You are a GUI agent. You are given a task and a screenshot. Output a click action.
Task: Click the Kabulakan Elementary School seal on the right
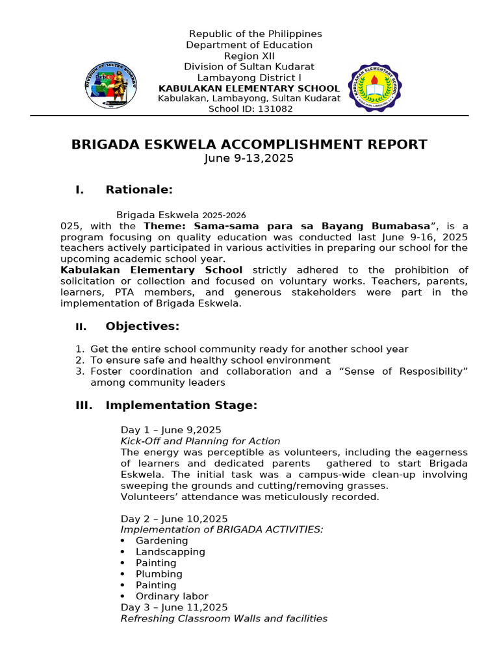tap(376, 87)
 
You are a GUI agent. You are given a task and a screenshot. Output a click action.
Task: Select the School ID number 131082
tap(277, 109)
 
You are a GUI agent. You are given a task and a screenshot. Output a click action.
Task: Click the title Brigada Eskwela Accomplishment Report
tap(249, 144)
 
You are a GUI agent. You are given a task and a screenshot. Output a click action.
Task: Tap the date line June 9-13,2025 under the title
tap(249, 158)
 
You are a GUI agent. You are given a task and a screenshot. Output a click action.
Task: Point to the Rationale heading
tap(138, 190)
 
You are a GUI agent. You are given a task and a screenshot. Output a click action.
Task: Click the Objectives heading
tap(142, 326)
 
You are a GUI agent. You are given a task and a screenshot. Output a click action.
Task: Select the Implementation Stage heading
tap(181, 406)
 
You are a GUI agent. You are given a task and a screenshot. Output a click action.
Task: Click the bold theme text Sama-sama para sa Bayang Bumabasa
tap(287, 226)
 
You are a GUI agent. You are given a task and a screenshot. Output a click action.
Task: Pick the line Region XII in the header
tap(249, 56)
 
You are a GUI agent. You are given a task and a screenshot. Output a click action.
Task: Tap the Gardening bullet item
tap(162, 541)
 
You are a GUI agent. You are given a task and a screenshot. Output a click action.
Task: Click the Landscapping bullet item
tap(170, 552)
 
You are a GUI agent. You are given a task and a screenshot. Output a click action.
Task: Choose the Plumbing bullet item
tap(159, 574)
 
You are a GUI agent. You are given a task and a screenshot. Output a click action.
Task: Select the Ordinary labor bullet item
tap(172, 596)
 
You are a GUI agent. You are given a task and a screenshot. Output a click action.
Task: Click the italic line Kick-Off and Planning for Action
tap(200, 442)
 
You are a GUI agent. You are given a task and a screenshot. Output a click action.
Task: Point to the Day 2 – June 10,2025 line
tap(174, 519)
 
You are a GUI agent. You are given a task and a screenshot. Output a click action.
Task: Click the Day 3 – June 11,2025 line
tap(174, 607)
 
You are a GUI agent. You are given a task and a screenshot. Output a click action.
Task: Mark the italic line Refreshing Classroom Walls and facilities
tap(224, 618)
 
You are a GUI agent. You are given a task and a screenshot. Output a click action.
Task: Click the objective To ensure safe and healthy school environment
tap(211, 360)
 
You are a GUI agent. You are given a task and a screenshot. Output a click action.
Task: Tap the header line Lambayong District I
tap(249, 77)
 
